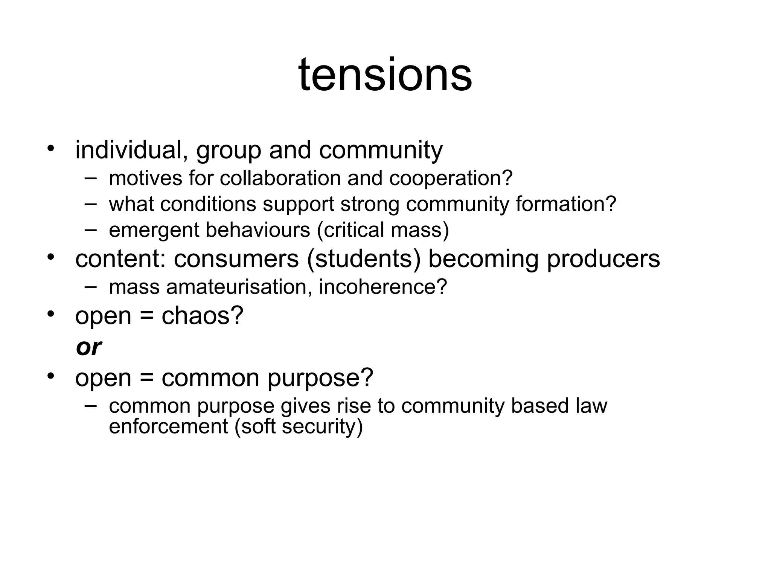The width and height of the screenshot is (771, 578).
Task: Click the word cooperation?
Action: coord(451,179)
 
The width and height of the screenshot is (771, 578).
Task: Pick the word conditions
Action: coord(208,204)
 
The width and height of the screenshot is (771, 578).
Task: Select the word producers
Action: coord(603,260)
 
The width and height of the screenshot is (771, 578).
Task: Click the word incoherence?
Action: coord(383,287)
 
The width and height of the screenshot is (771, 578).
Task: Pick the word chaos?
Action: coord(203,316)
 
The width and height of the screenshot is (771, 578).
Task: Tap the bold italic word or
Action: coord(89,347)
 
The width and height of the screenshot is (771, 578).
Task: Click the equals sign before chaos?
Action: coord(146,316)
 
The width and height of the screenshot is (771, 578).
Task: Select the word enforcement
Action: coord(168,426)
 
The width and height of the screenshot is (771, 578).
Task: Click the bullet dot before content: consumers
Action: coord(51,257)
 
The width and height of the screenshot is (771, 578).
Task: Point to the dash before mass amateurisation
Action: coord(90,286)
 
